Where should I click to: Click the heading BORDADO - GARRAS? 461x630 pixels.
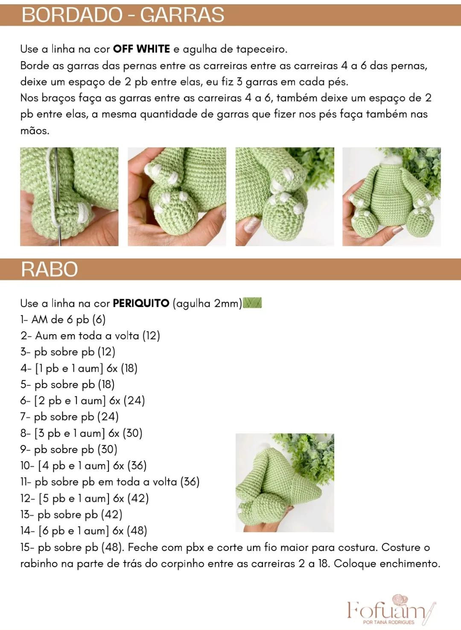123,15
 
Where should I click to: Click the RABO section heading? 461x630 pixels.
50,269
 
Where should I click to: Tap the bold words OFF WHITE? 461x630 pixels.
141,49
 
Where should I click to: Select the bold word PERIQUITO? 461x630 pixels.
141,303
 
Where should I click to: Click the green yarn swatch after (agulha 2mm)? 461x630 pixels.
252,303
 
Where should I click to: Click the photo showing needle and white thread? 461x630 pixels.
70,197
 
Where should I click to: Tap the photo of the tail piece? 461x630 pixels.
285,483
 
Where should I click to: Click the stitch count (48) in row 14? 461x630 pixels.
137,531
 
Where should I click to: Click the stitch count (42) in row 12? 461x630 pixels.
138,498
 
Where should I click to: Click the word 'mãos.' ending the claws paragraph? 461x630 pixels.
35,130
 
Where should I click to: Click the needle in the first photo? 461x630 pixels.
58,197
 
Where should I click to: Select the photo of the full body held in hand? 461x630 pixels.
391,197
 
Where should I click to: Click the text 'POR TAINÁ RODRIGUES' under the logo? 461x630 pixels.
389,622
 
